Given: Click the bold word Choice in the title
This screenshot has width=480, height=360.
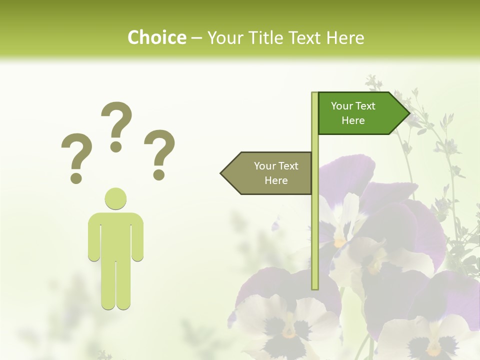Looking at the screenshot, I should [x=156, y=37].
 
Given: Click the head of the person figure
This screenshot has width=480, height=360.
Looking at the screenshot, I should [x=115, y=198].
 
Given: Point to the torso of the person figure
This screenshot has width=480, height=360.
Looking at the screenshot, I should [x=115, y=235].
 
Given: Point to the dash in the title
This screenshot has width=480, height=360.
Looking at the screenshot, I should [x=196, y=38].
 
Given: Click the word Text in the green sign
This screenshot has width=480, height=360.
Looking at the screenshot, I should [x=365, y=106].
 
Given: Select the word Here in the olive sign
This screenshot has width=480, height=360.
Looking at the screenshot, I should [x=276, y=180].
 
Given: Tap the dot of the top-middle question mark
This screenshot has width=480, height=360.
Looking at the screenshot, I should [x=116, y=146].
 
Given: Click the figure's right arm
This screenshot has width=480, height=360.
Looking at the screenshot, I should [x=137, y=237].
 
